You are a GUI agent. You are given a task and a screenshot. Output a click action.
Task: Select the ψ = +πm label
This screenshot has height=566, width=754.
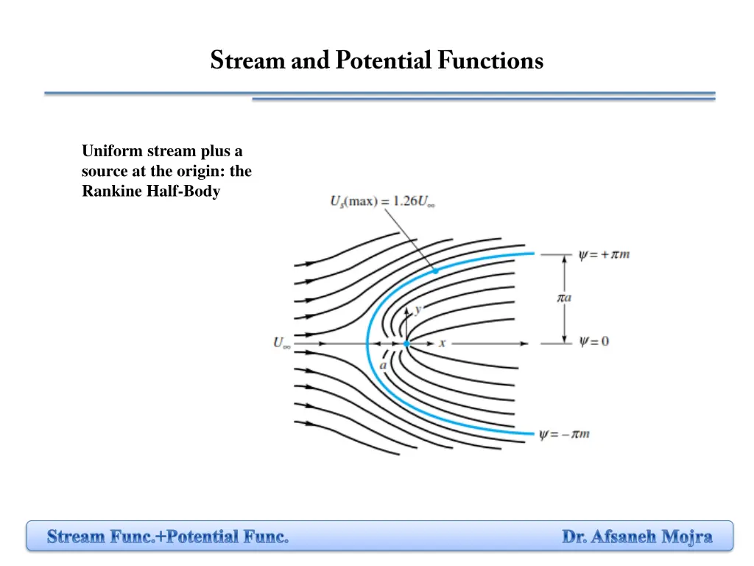604,255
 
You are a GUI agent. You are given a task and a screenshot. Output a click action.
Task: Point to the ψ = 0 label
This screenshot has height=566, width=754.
593,342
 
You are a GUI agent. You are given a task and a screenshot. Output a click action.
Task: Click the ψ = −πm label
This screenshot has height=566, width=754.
565,434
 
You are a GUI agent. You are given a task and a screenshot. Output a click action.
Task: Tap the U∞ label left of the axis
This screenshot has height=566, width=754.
282,343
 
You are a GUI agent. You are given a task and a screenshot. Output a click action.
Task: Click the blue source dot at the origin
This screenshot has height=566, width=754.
406,343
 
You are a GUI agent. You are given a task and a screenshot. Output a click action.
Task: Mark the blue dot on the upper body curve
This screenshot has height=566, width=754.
435,271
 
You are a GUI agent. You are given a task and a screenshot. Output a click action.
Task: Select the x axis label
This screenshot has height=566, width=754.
443,343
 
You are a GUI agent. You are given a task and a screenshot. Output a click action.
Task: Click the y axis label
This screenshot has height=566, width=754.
417,310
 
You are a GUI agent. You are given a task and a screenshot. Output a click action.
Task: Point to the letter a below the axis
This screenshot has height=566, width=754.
384,365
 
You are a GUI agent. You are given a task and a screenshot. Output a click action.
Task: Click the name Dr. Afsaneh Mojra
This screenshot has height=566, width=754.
637,537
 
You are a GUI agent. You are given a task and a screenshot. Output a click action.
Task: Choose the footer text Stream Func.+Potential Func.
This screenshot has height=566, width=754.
168,537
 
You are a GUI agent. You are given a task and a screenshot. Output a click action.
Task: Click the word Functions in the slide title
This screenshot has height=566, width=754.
490,60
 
